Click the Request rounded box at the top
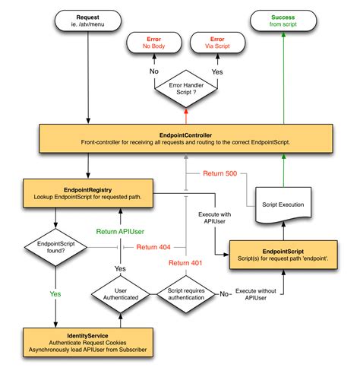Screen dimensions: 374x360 [x=89, y=21]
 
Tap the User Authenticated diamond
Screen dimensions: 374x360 [x=120, y=293]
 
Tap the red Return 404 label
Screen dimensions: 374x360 [x=153, y=246]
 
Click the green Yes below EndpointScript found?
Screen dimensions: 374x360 [x=54, y=293]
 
